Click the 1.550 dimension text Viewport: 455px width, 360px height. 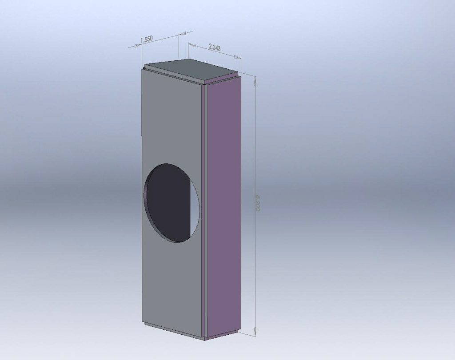tap(147, 39)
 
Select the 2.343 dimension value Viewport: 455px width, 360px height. tap(215, 47)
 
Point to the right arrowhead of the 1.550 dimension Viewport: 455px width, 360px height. tap(182, 34)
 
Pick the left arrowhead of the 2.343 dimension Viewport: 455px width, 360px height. tap(192, 45)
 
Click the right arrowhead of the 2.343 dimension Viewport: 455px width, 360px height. tap(238, 57)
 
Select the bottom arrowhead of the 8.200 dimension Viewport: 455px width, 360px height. tap(255, 330)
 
